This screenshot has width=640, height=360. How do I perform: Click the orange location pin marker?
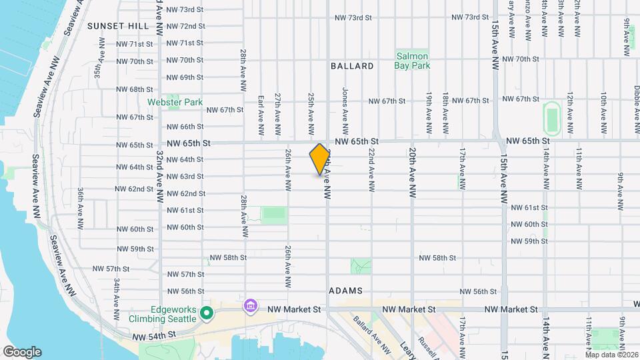coord(320,159)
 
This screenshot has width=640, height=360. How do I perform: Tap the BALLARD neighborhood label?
coord(352,66)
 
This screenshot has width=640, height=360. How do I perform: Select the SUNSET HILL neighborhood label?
coord(118,26)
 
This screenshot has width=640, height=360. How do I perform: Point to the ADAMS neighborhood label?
coord(345,291)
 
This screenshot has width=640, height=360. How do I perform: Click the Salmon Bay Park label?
coord(413,61)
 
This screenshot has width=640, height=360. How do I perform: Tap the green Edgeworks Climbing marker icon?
coord(207,312)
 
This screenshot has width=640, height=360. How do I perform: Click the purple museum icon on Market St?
coord(251,306)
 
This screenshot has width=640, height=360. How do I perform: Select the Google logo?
coord(22,351)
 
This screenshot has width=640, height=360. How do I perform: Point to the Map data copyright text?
coord(609,353)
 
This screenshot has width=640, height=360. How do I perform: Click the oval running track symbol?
coord(551,117)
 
